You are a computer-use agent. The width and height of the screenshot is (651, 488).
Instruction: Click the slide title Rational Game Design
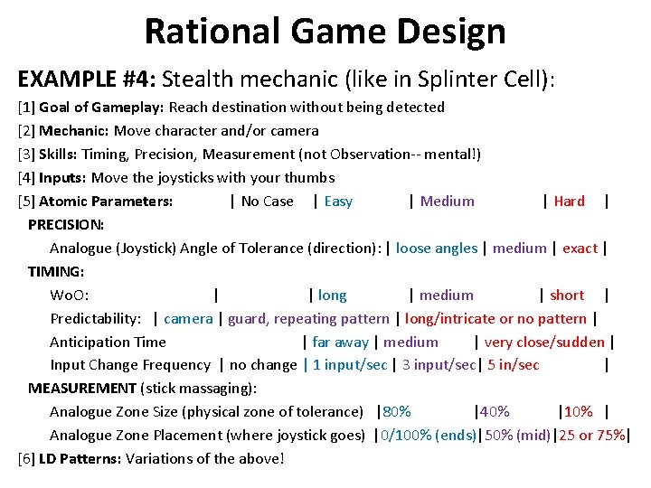[x=325, y=32]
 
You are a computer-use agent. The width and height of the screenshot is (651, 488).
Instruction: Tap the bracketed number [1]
[x=26, y=108]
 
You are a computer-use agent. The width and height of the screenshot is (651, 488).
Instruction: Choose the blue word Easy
[x=338, y=202]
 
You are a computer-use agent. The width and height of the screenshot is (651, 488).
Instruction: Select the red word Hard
[x=569, y=202]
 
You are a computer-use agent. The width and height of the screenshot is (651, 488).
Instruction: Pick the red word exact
[x=580, y=249]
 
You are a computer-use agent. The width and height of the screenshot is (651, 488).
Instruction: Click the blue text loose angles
[x=436, y=249]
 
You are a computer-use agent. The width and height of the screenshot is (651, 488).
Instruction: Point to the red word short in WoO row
[x=567, y=296]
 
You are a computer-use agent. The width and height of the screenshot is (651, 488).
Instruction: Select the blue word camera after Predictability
[x=188, y=319]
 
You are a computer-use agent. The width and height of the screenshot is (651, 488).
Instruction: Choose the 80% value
[x=394, y=412]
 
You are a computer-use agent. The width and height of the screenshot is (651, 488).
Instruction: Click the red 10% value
[x=577, y=412]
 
